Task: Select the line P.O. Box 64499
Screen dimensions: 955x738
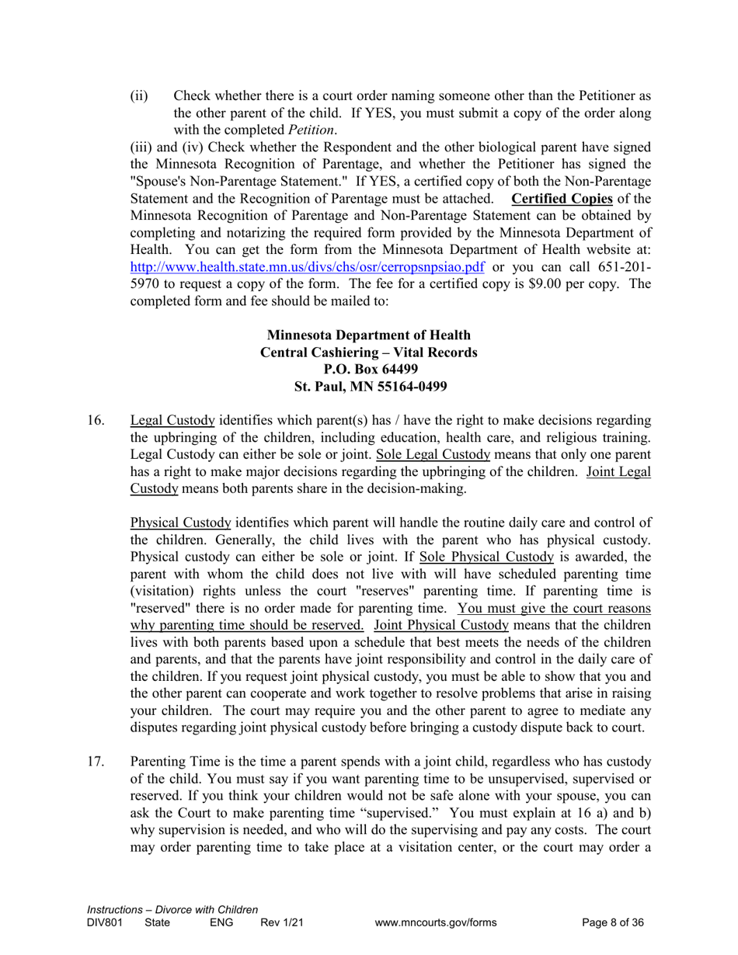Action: pos(368,369)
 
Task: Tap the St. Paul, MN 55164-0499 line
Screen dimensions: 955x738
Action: pos(368,386)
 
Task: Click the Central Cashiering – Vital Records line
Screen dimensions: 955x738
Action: pos(368,352)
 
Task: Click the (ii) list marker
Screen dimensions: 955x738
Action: pos(138,96)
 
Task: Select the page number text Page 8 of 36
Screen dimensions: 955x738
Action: pos(613,922)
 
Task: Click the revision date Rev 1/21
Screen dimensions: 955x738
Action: pos(280,922)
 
